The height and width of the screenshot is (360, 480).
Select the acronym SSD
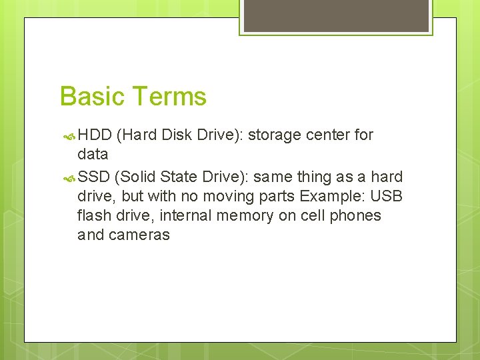[x=94, y=177]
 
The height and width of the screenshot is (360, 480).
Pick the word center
[x=329, y=135]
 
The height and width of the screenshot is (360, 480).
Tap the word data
[x=93, y=155]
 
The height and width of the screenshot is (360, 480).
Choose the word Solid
[x=139, y=177]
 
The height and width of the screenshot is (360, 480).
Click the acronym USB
[x=386, y=197]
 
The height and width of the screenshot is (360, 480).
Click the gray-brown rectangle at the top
[x=335, y=15]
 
